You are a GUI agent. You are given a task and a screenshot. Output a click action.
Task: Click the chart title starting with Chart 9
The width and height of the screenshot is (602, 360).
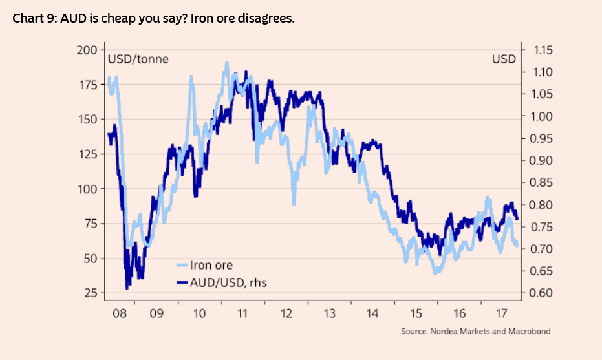[x=153, y=18]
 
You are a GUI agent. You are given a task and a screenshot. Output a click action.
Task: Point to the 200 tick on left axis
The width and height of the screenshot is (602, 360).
[x=86, y=50]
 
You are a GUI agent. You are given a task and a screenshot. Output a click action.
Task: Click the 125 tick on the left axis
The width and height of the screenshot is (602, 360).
[x=86, y=154]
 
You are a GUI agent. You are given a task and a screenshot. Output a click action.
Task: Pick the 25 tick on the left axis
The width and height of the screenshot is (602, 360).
[x=89, y=293]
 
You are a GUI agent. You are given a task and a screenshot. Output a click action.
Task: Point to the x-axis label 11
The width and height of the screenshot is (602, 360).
[x=242, y=314]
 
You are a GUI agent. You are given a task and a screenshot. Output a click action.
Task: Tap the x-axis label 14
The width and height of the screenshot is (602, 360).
[x=372, y=314]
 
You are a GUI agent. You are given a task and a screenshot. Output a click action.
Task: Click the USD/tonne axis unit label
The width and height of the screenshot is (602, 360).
[x=138, y=59]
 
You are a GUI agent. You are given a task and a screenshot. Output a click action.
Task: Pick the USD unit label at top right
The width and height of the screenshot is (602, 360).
[x=504, y=59]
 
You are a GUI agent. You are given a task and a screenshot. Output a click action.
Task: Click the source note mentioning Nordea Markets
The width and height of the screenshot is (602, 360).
[x=475, y=332]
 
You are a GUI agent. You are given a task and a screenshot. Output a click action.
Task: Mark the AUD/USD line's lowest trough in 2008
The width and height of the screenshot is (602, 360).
[x=127, y=287]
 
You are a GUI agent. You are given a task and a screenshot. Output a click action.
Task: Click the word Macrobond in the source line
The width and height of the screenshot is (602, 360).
[x=528, y=332]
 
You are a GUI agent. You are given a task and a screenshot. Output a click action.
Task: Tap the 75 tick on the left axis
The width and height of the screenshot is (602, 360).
[x=89, y=224]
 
